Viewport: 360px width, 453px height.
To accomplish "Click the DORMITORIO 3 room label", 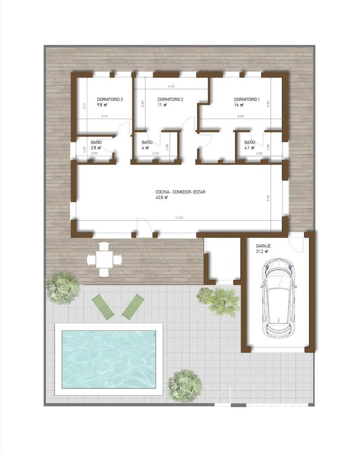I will [x=110, y=99].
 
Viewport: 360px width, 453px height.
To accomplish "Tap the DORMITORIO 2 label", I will [x=171, y=99].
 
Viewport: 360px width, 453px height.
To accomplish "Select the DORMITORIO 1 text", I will [x=247, y=99].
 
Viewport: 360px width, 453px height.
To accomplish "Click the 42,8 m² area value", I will [x=162, y=197].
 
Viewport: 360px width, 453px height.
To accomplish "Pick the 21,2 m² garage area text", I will [x=262, y=252].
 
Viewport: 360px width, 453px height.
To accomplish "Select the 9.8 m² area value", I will [x=103, y=105].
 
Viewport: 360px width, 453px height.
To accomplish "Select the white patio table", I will [x=104, y=259].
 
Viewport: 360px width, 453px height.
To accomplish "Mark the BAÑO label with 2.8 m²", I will [x=96, y=142].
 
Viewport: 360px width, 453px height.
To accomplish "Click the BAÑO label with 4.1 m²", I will [x=250, y=142].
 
